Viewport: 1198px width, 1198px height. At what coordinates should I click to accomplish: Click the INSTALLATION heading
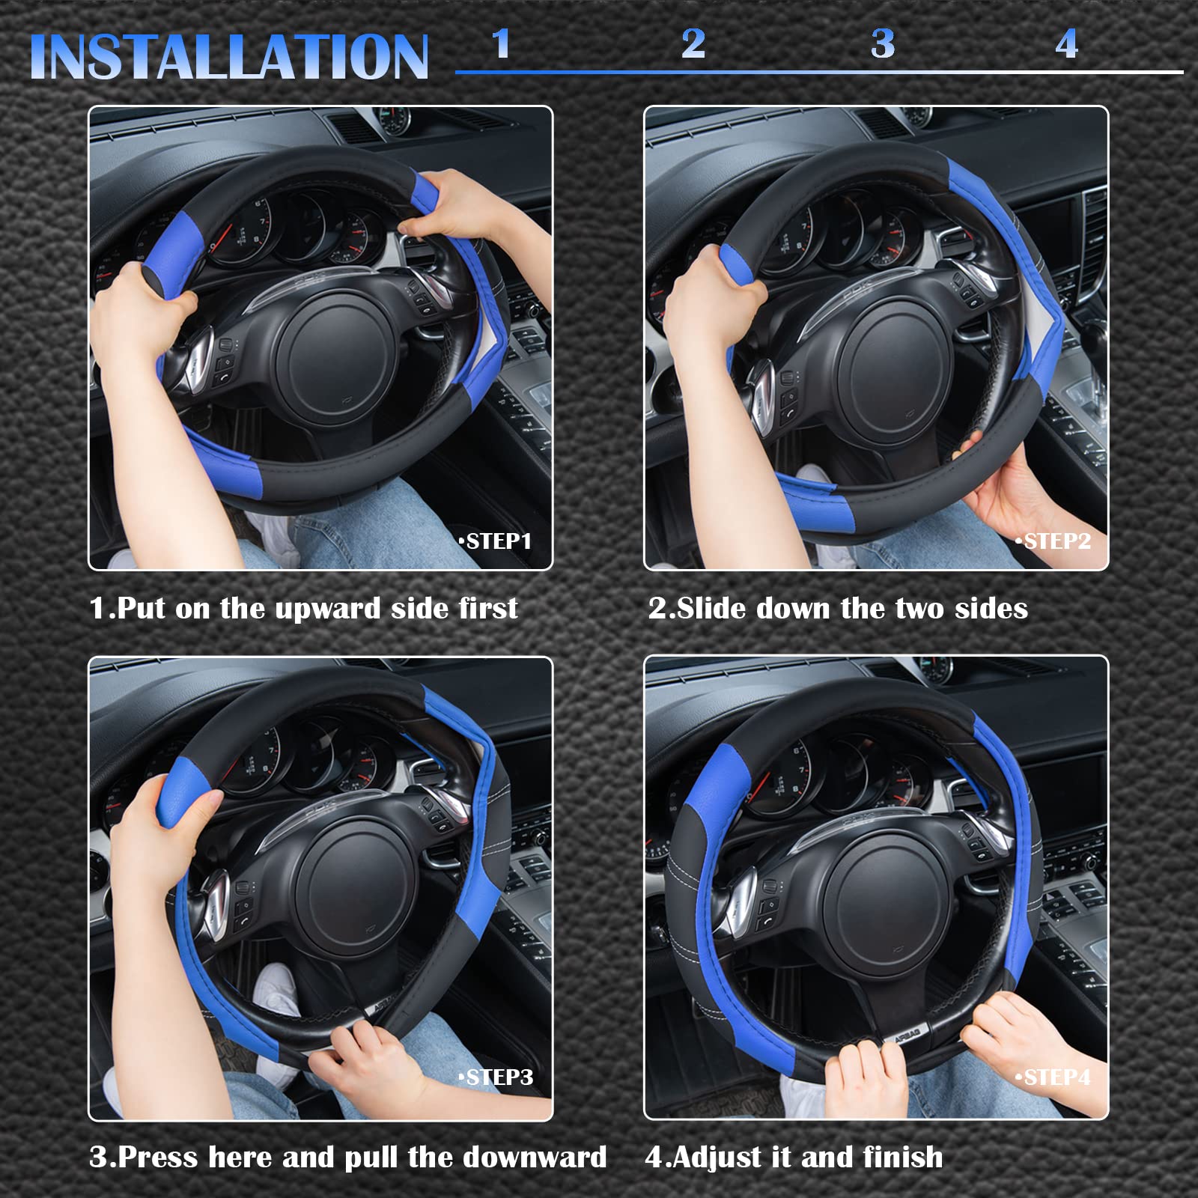pos(228,57)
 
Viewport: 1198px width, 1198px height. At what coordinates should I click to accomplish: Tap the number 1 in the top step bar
pos(501,43)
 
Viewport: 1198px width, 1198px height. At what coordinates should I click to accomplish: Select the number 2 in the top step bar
pos(693,43)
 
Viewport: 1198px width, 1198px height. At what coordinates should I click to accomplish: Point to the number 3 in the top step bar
pos(883,43)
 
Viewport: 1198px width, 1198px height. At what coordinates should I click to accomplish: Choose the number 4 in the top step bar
pos(1067,43)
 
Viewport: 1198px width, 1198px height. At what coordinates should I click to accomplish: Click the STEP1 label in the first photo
pos(496,541)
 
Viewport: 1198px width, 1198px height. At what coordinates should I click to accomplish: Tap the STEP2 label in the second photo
pos(1053,541)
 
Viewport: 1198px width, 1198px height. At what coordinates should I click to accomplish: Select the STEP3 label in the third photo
pos(496,1077)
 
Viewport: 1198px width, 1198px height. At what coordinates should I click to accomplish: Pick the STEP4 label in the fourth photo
pos(1053,1077)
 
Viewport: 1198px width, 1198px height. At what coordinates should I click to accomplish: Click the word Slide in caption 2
pos(711,608)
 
